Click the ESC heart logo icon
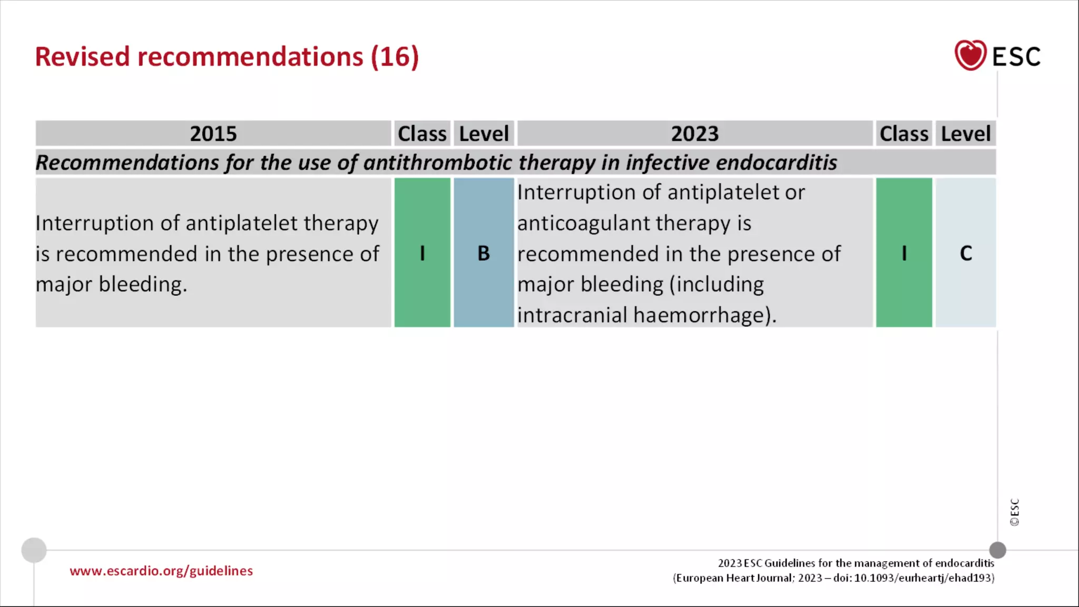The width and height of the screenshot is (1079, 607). tap(970, 55)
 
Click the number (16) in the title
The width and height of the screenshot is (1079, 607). tap(395, 57)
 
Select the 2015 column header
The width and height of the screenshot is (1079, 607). tap(213, 134)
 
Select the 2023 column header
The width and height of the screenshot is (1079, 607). tap(694, 134)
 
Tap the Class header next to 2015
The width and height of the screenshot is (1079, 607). tap(422, 134)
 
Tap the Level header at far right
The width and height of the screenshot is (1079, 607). tap(966, 134)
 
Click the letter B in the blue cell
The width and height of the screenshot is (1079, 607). tap(484, 253)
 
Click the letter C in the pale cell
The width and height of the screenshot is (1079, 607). tap(966, 253)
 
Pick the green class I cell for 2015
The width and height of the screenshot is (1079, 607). tap(422, 253)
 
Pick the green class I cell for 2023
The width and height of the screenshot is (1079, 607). tap(904, 253)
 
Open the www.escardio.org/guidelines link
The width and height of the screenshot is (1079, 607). tap(161, 571)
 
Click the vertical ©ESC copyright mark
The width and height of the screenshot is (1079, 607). tap(1014, 512)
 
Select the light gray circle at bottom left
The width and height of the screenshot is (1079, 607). tap(34, 550)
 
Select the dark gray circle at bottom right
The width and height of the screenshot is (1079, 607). tap(997, 550)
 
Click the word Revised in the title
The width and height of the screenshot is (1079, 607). tap(82, 57)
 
